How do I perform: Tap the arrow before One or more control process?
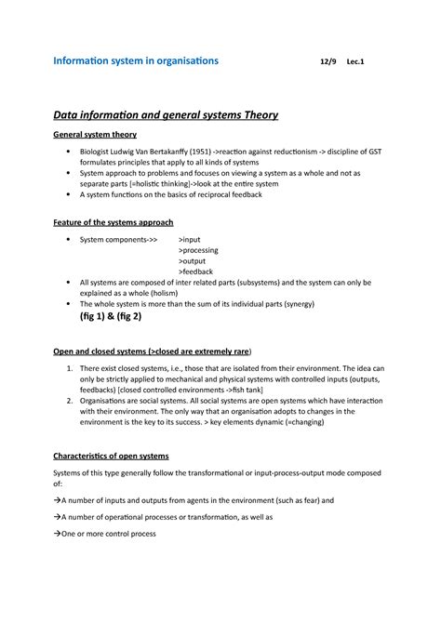pos(57,534)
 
